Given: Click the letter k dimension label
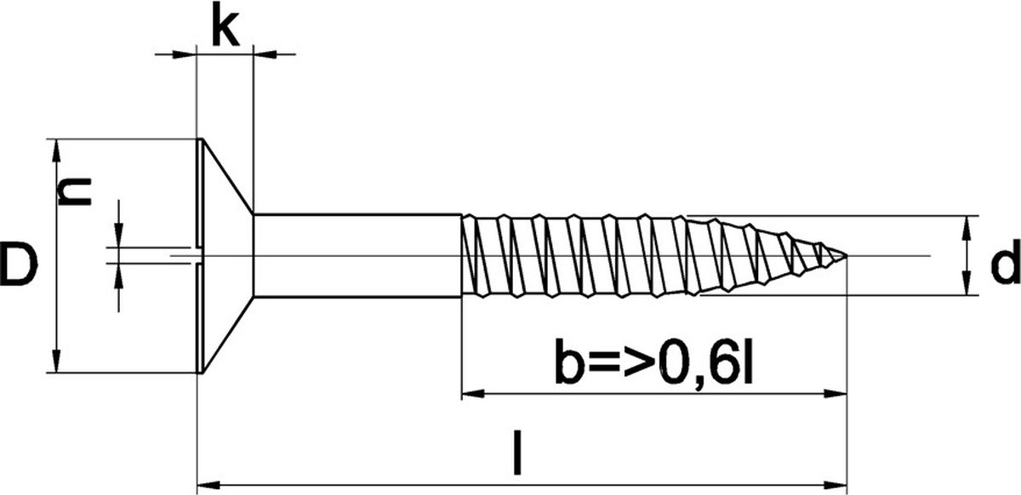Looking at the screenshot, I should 225,28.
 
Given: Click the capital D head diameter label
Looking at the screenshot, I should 19,265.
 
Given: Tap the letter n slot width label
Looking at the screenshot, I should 75,192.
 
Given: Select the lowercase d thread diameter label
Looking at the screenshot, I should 1005,267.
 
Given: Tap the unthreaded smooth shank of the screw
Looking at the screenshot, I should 357,255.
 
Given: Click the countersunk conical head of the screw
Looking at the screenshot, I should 223,255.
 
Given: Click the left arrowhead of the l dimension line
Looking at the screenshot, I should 205,486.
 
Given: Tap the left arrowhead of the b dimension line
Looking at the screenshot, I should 470,394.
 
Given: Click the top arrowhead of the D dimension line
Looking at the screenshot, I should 56,148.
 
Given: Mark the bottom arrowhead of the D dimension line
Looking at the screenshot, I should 56,363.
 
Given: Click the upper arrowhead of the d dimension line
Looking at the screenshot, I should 967,225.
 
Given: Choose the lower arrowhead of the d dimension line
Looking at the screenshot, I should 967,287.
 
